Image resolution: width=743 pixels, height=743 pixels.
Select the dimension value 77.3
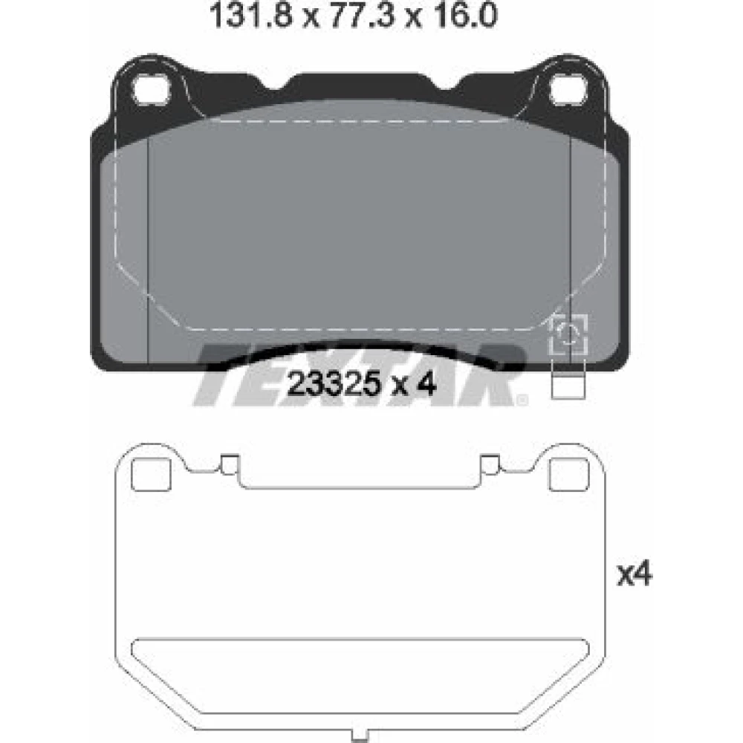coord(362,15)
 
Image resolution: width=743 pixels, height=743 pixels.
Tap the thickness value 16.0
coord(464,15)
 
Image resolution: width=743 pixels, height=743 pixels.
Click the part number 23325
coord(334,384)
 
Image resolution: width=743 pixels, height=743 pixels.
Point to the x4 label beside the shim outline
coord(635,574)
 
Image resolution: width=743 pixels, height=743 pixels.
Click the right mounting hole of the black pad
coord(568,89)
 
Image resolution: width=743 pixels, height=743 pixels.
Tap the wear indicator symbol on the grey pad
coord(568,334)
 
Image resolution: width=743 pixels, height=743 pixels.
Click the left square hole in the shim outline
coord(151,475)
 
